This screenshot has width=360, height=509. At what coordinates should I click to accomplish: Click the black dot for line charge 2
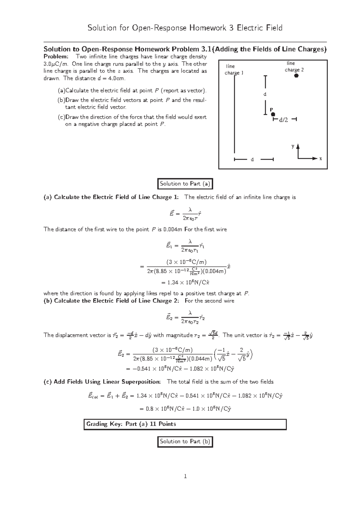pos(296,76)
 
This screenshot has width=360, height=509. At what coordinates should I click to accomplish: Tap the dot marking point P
pos(273,114)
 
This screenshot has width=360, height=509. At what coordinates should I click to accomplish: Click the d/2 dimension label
pos(283,120)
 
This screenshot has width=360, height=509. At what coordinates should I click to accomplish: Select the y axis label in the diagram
pos(293,146)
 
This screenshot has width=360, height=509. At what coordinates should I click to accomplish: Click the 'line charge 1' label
pos(234,70)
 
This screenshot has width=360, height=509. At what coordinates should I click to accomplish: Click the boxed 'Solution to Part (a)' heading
pos(185,184)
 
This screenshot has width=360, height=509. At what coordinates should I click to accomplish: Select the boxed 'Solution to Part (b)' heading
pos(185,442)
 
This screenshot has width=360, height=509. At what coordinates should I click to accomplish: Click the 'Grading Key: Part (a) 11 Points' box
pos(185,424)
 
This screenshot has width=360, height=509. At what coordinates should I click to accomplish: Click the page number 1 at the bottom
pos(185,476)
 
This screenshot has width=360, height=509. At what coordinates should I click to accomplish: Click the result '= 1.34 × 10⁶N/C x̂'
pos(185,282)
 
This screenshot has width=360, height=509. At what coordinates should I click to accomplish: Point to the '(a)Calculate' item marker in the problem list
pos(61,91)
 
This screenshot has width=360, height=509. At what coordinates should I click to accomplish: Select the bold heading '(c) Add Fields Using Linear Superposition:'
pos(102,382)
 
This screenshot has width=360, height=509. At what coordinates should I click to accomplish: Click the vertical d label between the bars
pos(265,94)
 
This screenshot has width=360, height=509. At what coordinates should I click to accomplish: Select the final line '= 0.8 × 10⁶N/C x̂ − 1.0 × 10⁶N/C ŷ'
pos(185,409)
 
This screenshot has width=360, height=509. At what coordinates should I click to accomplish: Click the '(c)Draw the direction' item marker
pos(61,117)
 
